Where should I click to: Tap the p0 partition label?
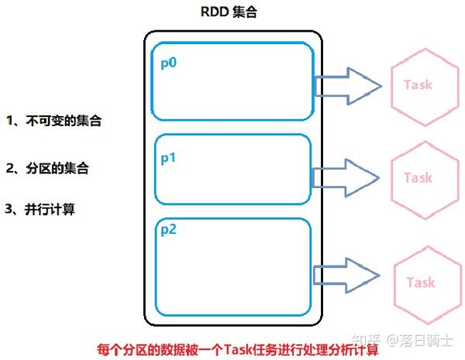point(169,63)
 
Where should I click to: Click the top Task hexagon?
point(418,84)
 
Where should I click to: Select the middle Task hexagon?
point(418,178)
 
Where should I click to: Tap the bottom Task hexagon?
point(420,283)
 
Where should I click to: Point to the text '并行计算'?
point(53,209)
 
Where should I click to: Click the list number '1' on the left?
point(10,121)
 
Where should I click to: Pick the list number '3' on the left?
point(9,209)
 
